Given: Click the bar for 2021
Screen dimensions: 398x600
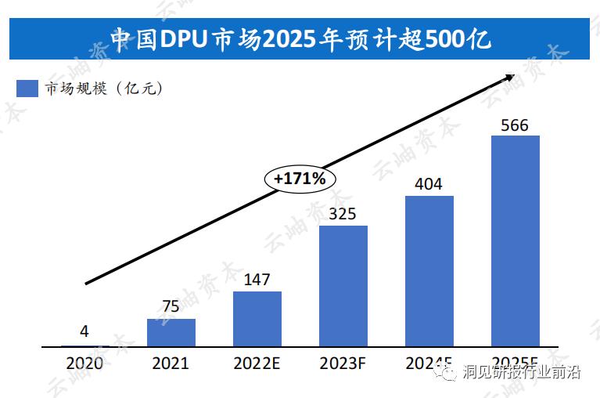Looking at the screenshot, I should tap(171, 332).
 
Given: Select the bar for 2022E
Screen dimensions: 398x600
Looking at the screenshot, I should tap(257, 318).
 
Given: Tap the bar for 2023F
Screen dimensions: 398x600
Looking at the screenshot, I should tap(343, 285).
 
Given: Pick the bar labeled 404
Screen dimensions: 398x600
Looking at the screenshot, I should tap(429, 270).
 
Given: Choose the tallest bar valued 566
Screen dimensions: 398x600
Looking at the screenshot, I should tap(515, 240).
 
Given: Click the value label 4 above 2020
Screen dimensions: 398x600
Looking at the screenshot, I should tap(84, 331).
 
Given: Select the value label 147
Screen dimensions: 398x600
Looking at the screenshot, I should tap(257, 278).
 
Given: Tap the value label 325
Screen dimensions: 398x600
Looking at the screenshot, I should tap(343, 212).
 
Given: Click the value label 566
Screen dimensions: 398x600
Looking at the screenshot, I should tap(515, 125).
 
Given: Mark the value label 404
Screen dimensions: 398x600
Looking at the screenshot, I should tap(429, 184).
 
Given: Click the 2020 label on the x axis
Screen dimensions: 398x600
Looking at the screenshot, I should tap(84, 364).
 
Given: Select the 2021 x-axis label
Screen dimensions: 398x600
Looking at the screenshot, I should tap(171, 364).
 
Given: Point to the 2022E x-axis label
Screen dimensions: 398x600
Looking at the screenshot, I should tap(257, 364).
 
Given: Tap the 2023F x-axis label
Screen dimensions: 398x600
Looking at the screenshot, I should tap(343, 364).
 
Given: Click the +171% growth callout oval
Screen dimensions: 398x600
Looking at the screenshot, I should tap(300, 179).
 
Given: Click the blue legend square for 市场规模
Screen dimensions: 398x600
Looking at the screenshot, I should tap(27, 89).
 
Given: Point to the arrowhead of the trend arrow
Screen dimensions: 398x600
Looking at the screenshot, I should tap(510, 77).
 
